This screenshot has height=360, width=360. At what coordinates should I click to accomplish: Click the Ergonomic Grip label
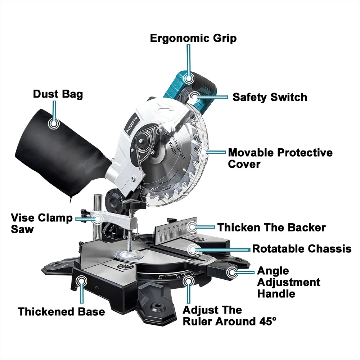193,38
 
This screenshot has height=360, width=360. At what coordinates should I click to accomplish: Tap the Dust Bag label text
58,94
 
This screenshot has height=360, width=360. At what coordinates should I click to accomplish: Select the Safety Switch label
270,97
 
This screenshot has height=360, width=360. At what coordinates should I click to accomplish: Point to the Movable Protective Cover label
280,158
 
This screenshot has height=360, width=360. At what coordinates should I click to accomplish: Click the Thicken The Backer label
271,228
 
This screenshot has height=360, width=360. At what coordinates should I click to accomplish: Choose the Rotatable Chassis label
302,249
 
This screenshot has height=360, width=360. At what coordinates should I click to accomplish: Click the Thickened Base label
62,311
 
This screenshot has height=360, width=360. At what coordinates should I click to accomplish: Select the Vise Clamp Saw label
41,224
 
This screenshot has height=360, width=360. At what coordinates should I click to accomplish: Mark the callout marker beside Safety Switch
195,96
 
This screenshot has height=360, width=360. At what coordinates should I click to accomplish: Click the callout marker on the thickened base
82,280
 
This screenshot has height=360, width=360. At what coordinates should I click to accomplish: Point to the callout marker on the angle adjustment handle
231,273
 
